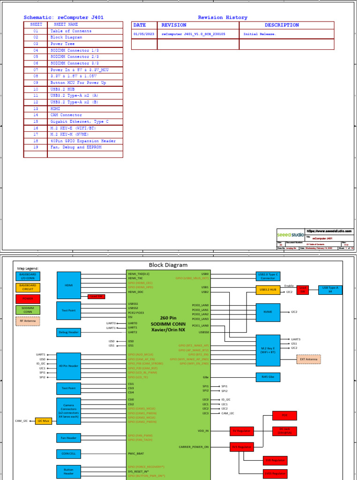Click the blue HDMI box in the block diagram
tap(69, 285)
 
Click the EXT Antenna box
tap(308, 359)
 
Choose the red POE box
tap(285, 415)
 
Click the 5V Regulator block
tap(241, 431)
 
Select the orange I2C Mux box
tap(44, 421)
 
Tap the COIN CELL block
tap(69, 453)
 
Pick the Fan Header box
tap(69, 438)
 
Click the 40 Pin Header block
tap(69, 365)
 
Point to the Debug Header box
tap(69, 332)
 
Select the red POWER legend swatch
tap(28, 299)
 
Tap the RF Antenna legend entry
tap(28, 321)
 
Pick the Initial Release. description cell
tap(260, 34)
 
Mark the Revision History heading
tap(222, 17)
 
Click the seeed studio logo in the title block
tap(290, 234)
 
